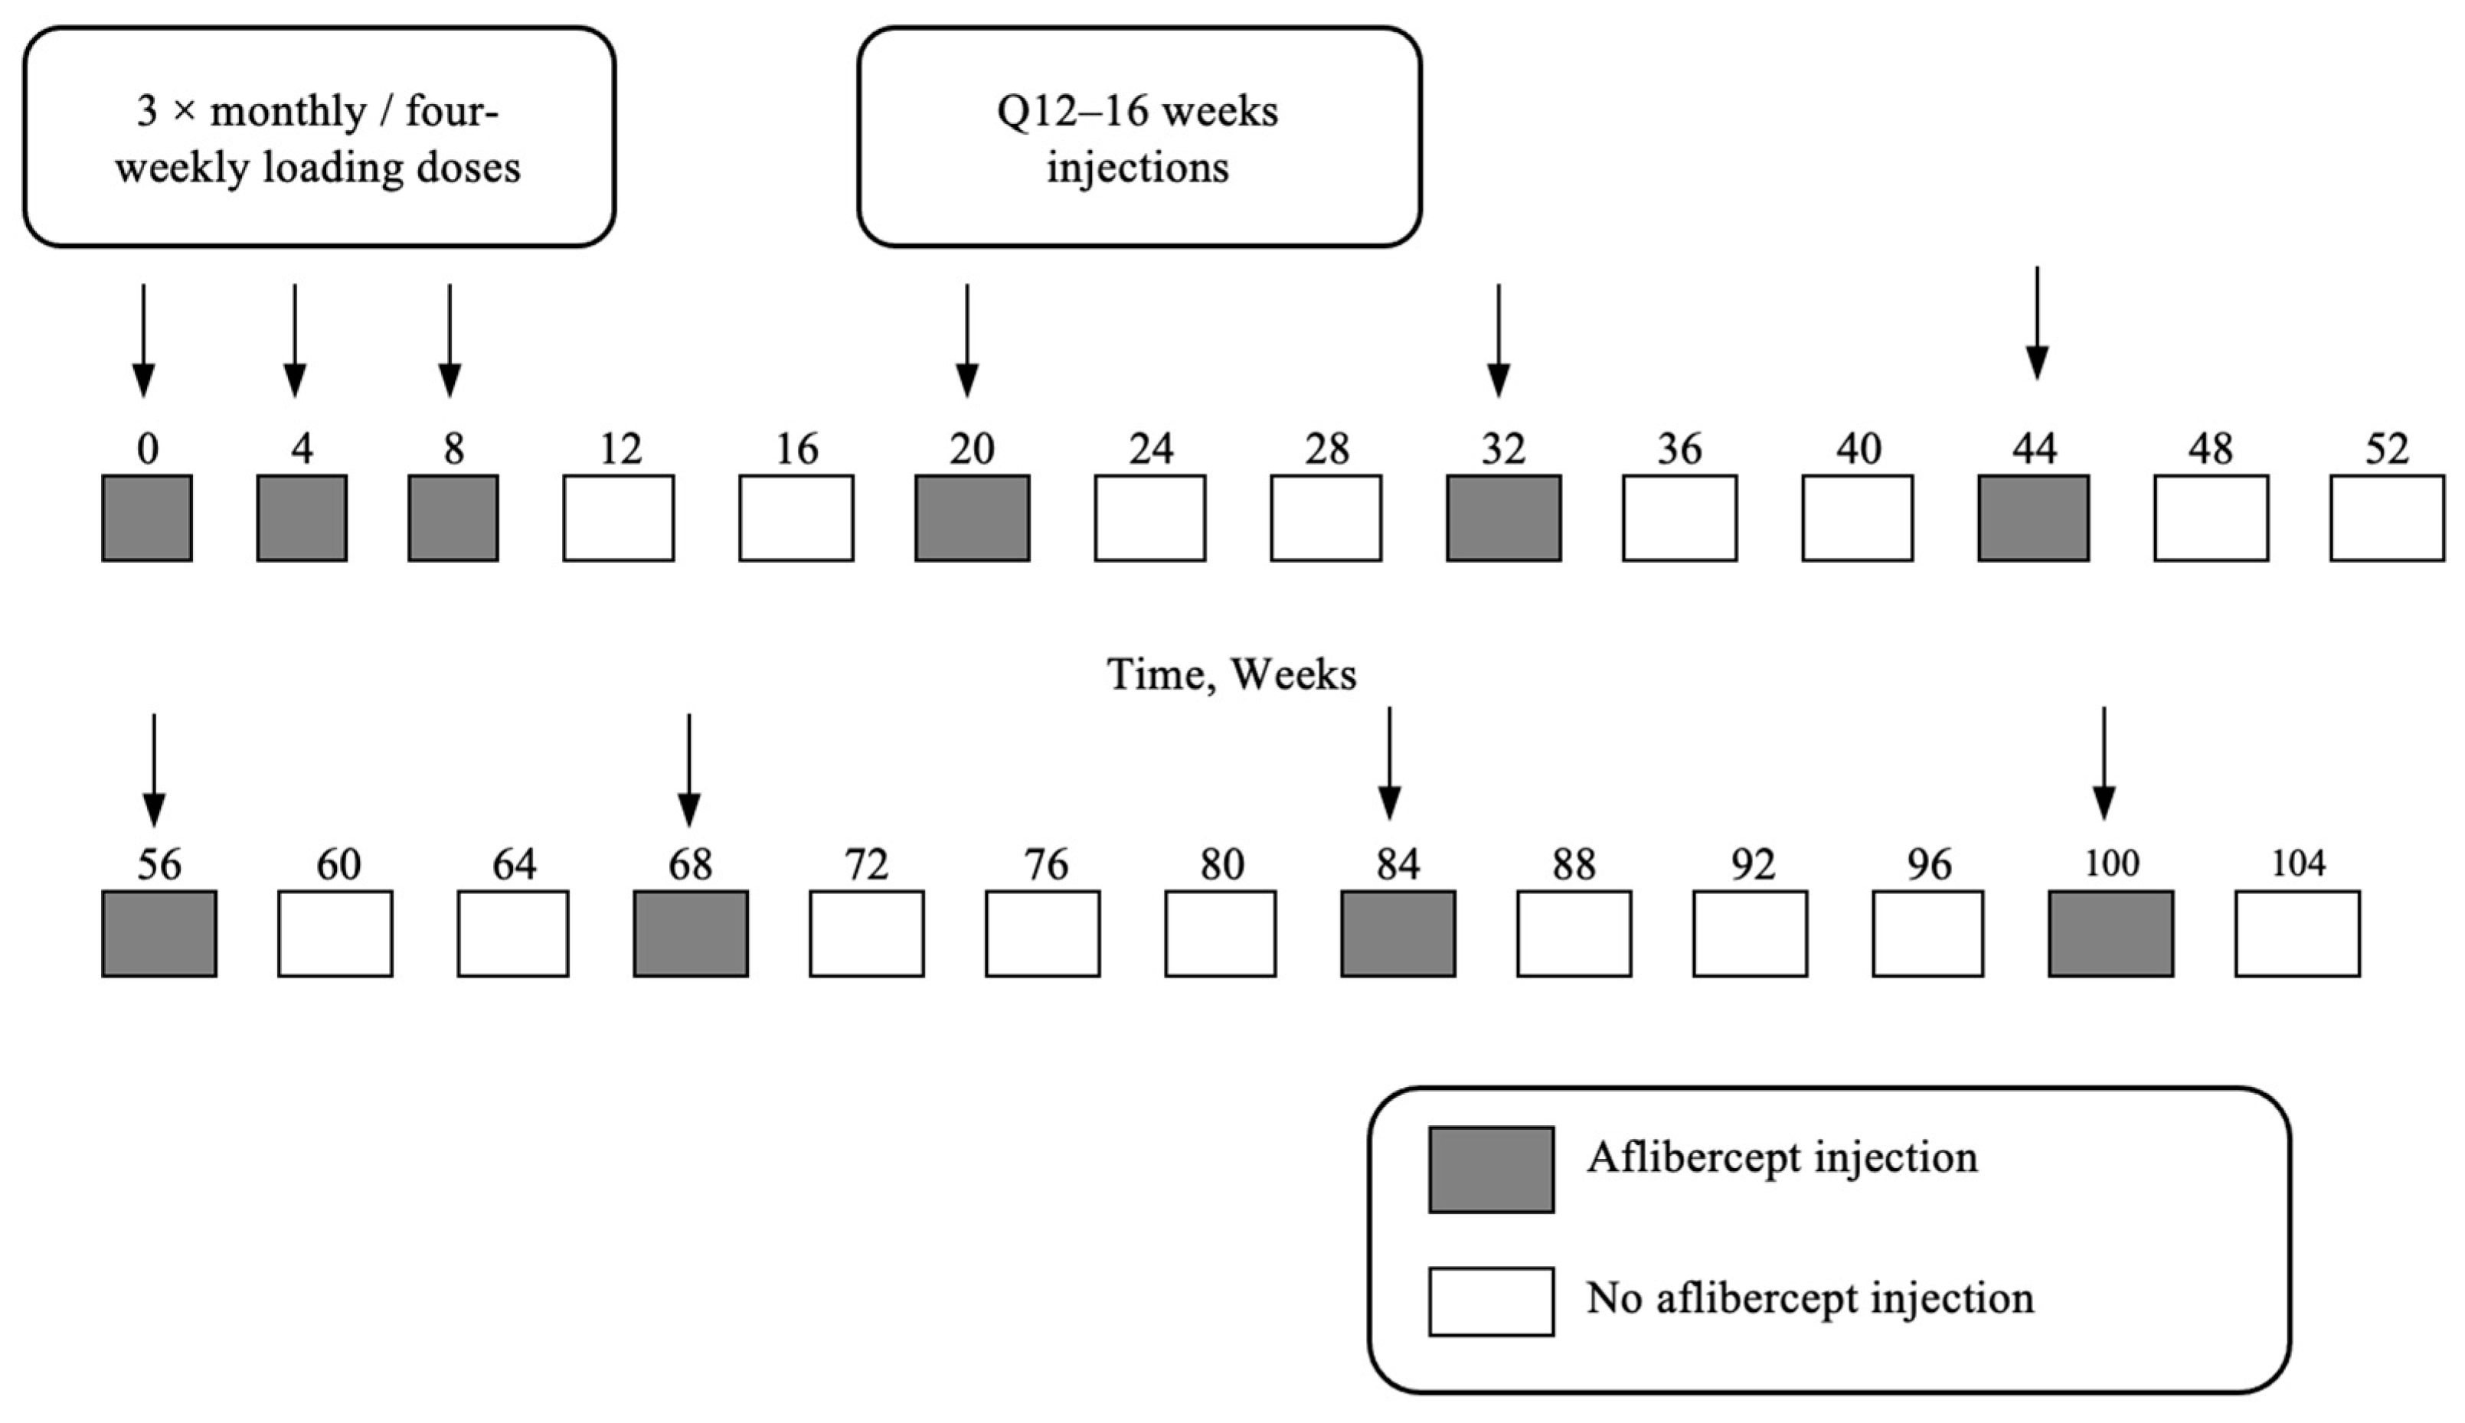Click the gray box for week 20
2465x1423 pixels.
[x=972, y=518]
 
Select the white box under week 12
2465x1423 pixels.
[x=618, y=518]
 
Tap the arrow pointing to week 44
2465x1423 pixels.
[x=2036, y=322]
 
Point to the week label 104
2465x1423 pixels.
[x=2298, y=864]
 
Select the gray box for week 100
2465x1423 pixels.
[x=2110, y=933]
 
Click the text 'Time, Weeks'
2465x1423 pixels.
[x=1231, y=674]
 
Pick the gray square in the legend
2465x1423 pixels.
[x=1490, y=1169]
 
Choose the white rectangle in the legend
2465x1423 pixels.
[x=1490, y=1301]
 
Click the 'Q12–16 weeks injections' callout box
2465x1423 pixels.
[x=1139, y=137]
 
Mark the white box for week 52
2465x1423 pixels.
[x=2386, y=518]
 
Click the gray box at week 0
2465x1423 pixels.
[x=146, y=518]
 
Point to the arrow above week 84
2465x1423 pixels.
[x=1389, y=763]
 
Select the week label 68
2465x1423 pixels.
[x=690, y=865]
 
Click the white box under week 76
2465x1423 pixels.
[x=1042, y=933]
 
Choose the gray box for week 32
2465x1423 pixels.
[x=1503, y=518]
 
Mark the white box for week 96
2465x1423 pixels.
[x=1927, y=933]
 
